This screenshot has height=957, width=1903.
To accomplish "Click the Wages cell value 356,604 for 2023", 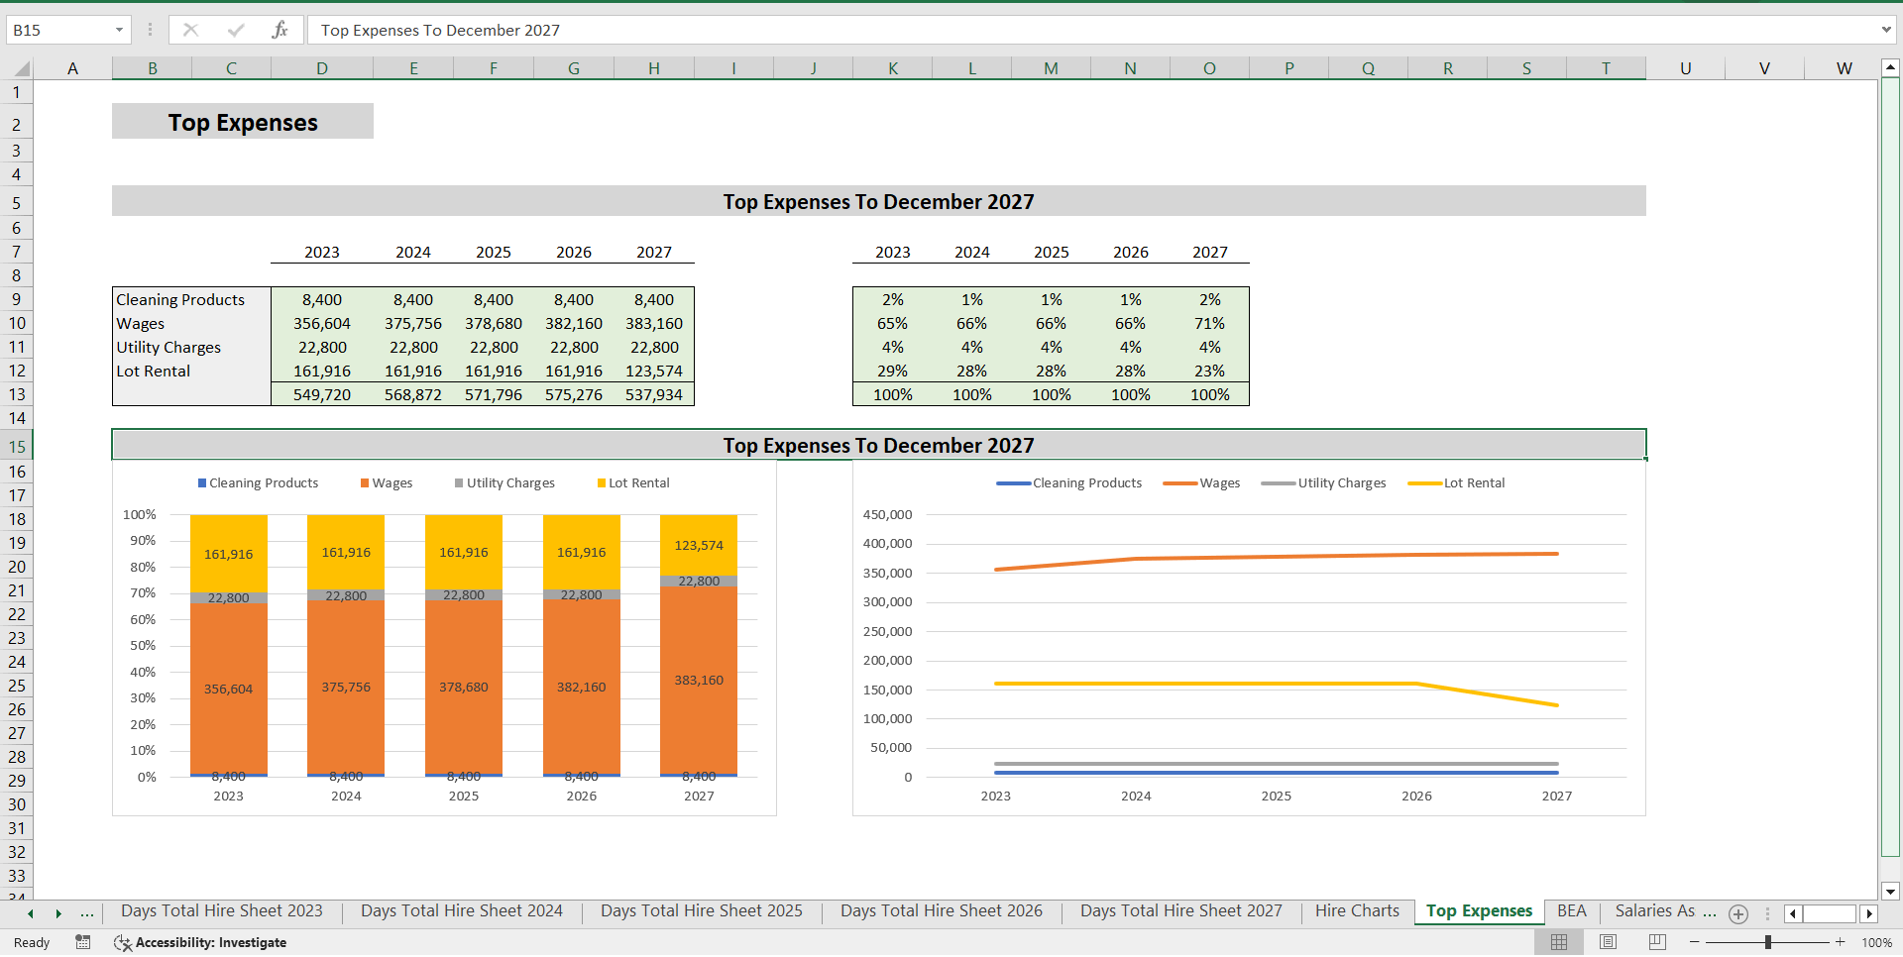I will pos(321,324).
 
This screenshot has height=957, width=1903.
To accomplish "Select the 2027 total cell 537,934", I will pos(653,395).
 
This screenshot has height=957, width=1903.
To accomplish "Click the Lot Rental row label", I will pos(154,372).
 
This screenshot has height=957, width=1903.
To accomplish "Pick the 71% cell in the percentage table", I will pos(1209,324).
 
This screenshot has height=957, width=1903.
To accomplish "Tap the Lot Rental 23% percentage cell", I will pos(1209,372).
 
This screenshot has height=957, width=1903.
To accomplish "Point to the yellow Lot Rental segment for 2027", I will pos(699,545).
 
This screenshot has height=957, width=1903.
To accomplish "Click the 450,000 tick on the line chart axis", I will pos(887,515).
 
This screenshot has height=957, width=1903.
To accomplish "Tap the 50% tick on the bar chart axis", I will pos(144,646).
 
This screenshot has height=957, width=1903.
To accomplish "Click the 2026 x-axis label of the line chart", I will pos(1416,797).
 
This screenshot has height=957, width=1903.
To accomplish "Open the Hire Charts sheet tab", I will pos(1357,911).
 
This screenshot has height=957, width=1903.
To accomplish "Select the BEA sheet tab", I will pos(1571,911).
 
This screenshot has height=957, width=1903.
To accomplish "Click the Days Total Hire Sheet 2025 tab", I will pos(701,911).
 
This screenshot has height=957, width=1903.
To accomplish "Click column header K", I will pos(893,68).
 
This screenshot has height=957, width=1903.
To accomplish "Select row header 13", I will pos(17,395).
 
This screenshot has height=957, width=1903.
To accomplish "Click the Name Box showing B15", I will pos(59,31).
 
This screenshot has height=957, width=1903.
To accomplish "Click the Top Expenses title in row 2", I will pos(243,123).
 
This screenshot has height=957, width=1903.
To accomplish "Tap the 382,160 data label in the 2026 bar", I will pos(581,688).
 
